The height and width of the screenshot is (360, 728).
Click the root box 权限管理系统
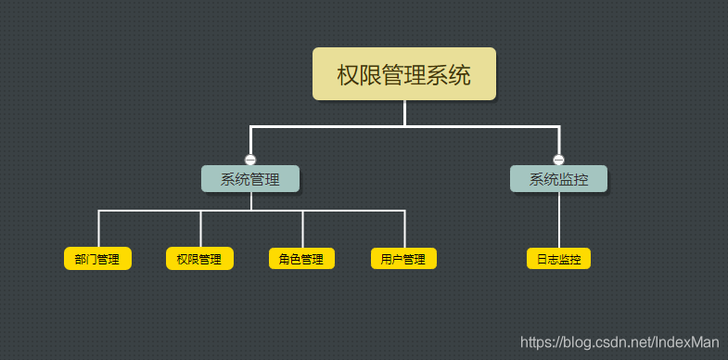404,74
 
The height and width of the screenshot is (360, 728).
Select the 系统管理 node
250,179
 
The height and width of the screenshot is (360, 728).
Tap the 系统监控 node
558,179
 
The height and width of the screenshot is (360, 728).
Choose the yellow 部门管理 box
97,259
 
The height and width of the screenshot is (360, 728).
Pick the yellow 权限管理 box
199,259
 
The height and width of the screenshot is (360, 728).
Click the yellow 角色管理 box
301,259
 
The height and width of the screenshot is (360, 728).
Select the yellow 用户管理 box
403,259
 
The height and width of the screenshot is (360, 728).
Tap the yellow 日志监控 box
558,259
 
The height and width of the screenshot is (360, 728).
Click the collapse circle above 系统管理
250,159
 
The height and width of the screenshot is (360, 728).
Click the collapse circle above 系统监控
558,159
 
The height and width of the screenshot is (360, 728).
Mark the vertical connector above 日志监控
558,220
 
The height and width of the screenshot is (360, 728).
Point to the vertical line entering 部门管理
98,229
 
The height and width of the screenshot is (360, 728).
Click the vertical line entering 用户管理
404,229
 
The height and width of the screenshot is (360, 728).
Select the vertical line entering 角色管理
302,229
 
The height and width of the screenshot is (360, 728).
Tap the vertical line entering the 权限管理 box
200,229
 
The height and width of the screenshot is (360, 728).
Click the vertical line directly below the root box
404,112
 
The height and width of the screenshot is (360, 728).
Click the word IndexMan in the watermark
686,342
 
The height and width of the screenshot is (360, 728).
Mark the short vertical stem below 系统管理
250,201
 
